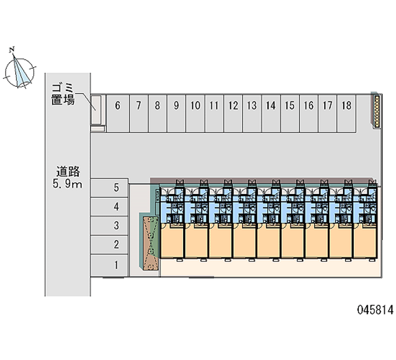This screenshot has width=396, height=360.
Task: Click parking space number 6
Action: [118, 113]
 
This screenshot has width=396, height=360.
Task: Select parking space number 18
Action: [346, 113]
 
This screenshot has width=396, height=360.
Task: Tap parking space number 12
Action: [233, 113]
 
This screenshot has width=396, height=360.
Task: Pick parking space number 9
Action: [176, 113]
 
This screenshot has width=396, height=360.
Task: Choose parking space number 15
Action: [290, 113]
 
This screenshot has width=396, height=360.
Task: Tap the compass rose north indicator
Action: [21, 70]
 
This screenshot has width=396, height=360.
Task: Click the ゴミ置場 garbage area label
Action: [63, 94]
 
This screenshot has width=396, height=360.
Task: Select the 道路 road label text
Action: [68, 172]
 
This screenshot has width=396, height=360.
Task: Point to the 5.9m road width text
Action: [68, 185]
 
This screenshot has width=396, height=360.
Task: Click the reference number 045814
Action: [375, 310]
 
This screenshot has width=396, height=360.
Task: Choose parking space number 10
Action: [195, 113]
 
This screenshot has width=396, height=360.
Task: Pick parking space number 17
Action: [328, 113]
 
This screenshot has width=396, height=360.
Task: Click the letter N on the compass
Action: [13, 49]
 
